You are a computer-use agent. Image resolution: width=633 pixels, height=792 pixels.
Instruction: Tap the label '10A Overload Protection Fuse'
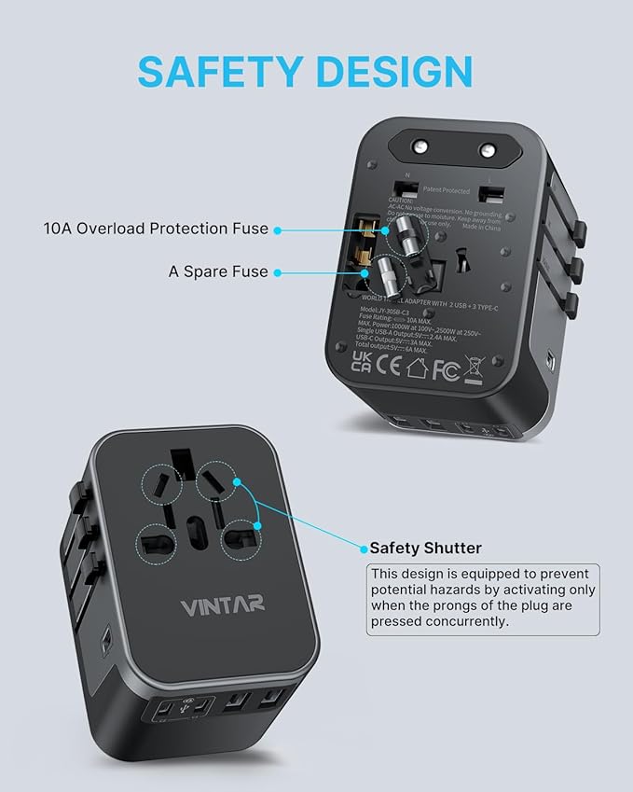coord(156,229)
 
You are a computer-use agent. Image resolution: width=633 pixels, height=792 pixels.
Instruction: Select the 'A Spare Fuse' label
coord(218,271)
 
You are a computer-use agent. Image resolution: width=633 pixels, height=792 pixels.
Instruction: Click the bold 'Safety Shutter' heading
coord(426,549)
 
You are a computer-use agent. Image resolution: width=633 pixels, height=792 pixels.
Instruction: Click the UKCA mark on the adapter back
coord(362,362)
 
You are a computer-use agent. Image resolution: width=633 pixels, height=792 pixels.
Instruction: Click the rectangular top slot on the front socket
coord(183,463)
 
